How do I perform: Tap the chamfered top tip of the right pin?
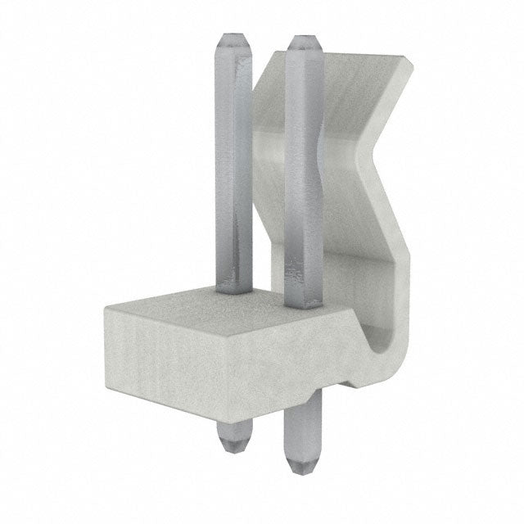click(303, 41)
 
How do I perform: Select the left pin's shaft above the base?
click(232, 164)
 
